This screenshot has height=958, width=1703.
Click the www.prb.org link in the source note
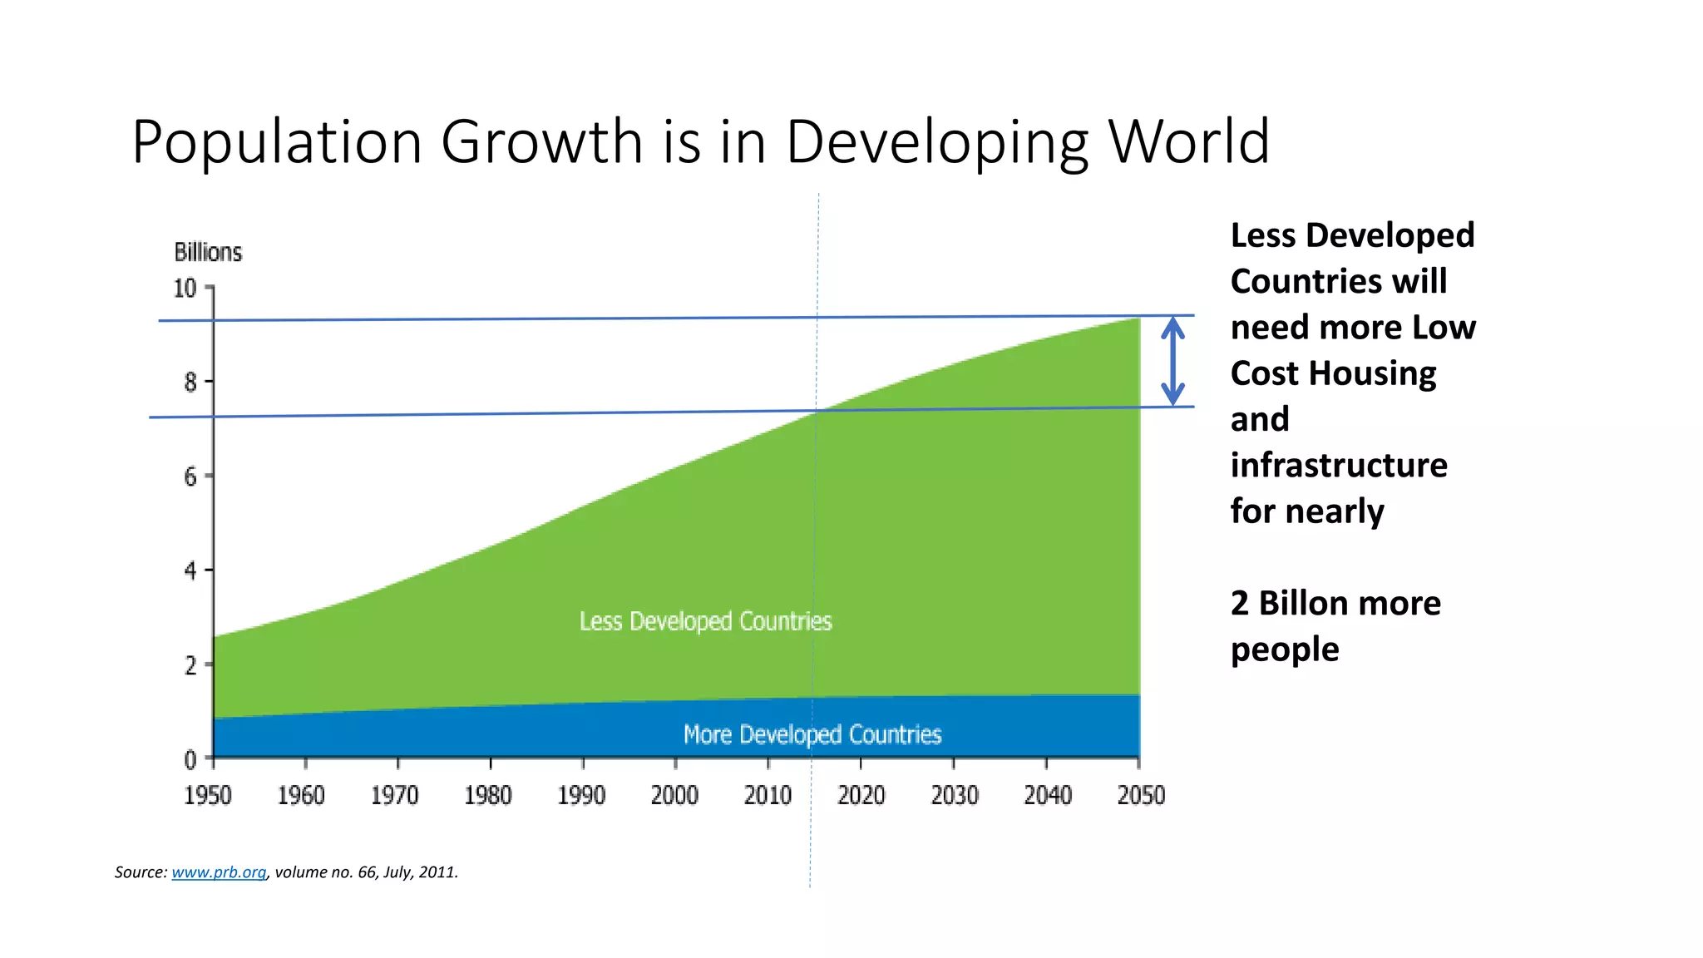click(219, 872)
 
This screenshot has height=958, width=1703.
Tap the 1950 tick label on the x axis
click(208, 796)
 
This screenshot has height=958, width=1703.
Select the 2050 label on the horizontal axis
click(1141, 796)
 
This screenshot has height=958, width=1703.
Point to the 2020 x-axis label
click(861, 796)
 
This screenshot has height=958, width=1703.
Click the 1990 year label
click(581, 796)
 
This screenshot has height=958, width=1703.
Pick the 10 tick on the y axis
click(185, 289)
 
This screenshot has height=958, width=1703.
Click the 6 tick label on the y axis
click(190, 477)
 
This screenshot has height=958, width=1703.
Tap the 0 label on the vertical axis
click(190, 759)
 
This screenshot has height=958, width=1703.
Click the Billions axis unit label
click(208, 252)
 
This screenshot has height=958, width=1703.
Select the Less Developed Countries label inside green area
click(705, 621)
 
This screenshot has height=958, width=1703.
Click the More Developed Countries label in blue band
click(812, 734)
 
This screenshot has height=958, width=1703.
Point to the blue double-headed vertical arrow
click(1172, 361)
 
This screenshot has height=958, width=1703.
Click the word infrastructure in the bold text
click(1339, 465)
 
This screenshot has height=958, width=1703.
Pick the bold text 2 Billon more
click(1335, 603)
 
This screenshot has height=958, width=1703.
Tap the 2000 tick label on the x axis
click(674, 796)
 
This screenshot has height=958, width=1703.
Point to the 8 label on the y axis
click(190, 383)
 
